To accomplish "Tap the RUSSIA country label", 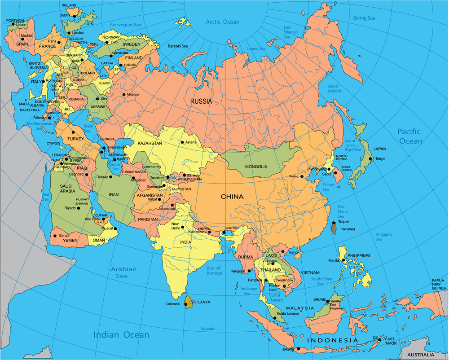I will pos(201,101).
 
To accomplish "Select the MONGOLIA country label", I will pos(256,167).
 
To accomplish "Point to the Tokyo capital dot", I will pos(370,158).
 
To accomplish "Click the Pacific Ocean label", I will pos(409,136).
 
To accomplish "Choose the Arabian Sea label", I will pos(124,272).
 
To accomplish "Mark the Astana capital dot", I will pos(182,143).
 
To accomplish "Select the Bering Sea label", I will pos(364,18).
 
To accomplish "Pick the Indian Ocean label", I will pos(121,335).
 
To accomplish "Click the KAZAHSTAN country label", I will pos(150,143).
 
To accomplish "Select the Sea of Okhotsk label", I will pos(335,88).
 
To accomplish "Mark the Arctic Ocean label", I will pos(223,22).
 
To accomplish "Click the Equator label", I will pos(208,329).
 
